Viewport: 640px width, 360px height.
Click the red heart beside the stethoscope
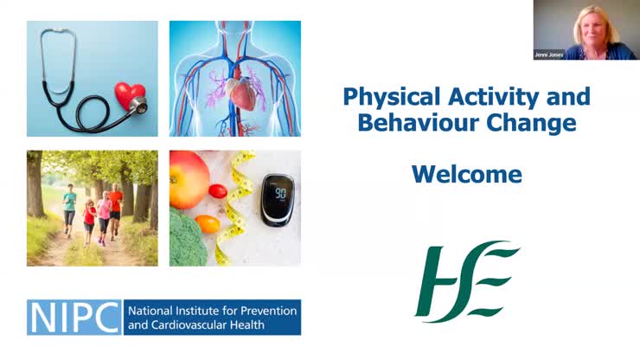tap(130, 93)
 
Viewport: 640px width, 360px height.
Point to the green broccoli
tap(185, 241)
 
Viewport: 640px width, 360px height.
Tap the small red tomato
tap(217, 190)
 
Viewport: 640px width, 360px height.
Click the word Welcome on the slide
tap(466, 174)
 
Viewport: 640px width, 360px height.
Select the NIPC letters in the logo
tap(74, 317)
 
